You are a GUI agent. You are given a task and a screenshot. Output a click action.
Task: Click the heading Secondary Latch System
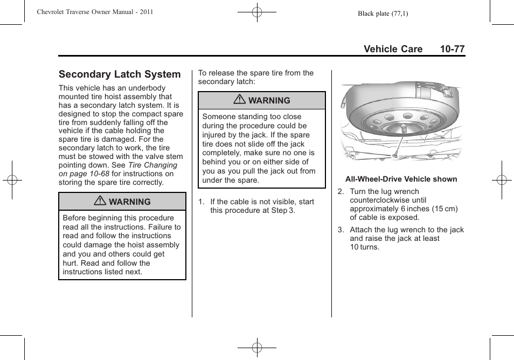point(120,74)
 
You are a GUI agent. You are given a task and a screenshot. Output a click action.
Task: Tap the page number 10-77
point(452,49)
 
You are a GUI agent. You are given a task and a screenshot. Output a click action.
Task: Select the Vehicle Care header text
point(393,49)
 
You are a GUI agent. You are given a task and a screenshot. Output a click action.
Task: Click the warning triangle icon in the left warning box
point(100,202)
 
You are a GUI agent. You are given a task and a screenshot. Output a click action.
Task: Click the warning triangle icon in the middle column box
point(240,100)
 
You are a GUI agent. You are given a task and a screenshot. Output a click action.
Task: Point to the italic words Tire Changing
point(152,165)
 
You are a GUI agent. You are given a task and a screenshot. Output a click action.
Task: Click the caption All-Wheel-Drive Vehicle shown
point(401,179)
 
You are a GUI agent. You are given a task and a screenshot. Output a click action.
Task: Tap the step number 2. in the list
point(341,192)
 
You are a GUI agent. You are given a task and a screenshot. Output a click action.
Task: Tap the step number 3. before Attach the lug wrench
point(341,230)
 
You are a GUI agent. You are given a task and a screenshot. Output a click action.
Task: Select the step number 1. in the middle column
point(201,202)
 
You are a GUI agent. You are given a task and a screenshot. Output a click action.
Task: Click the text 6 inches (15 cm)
point(429,209)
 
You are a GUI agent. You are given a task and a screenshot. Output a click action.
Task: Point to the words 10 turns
point(364,247)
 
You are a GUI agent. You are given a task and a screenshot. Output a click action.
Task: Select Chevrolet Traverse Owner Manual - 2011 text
point(95,12)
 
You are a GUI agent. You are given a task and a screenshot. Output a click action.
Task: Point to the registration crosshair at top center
point(257,12)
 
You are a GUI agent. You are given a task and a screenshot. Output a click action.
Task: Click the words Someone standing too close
point(252,116)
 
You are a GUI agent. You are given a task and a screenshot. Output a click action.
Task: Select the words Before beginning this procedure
point(118,218)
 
